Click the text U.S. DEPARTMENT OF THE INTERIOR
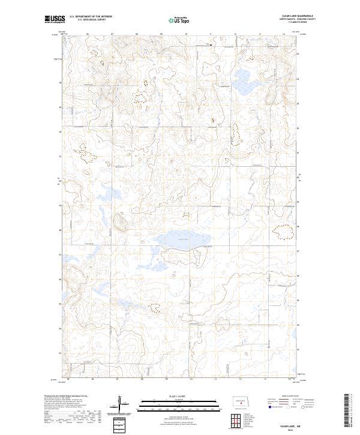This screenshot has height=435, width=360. coord(91,16)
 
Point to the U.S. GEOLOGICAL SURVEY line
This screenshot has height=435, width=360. coord(91,20)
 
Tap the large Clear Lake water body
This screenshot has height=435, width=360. coord(181,239)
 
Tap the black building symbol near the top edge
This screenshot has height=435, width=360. coord(211,45)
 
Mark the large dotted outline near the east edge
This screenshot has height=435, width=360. coord(280,232)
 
